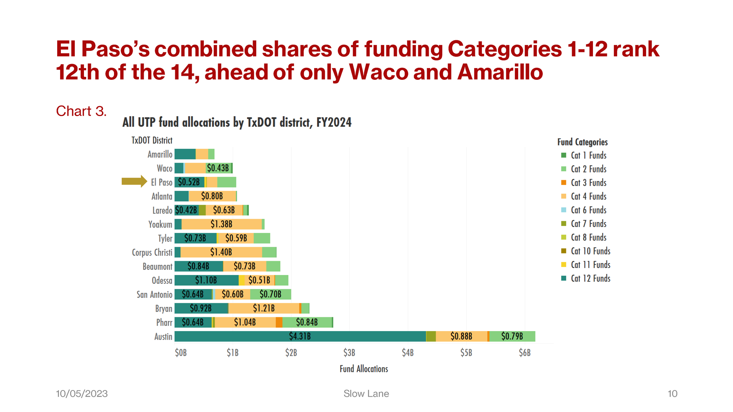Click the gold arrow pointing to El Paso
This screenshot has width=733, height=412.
[134, 181]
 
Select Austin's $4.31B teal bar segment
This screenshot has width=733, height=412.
[300, 336]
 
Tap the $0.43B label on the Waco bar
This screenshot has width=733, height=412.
[218, 168]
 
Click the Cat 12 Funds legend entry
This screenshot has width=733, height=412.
[590, 278]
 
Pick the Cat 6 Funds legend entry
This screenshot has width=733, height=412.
[588, 210]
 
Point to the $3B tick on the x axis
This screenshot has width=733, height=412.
[349, 353]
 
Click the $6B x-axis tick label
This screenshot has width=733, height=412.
[524, 353]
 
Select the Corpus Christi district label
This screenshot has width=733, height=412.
[152, 252]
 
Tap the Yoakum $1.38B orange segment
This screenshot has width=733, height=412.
[221, 224]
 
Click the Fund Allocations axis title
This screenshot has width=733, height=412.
[364, 369]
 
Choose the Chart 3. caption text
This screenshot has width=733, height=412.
[81, 111]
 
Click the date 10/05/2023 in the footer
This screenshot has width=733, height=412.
[82, 394]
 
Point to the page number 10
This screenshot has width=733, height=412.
[672, 394]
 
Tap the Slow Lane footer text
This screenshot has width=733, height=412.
[366, 394]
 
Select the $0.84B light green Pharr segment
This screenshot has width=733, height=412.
[307, 322]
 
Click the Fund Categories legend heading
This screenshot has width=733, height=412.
[582, 142]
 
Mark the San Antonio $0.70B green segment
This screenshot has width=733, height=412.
[270, 294]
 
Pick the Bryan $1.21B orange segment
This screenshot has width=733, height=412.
[264, 308]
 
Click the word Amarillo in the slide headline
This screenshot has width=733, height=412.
[500, 72]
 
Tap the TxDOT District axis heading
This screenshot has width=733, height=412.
[152, 140]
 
